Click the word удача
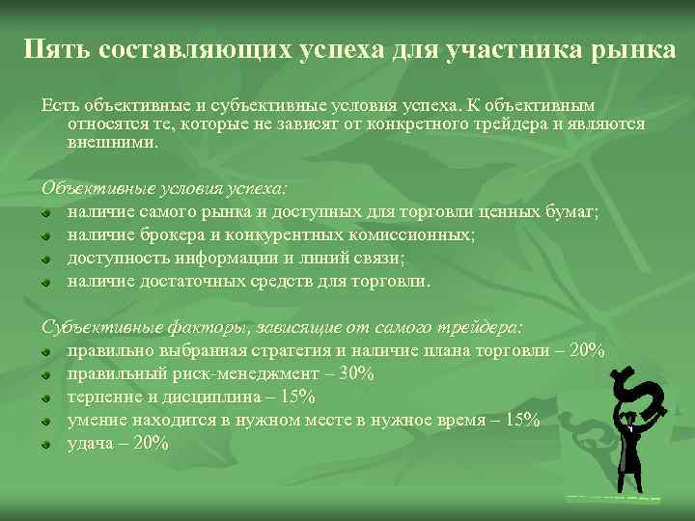pyautogui.click(x=94, y=443)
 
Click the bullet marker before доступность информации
pyautogui.click(x=44, y=260)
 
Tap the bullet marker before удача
pyautogui.click(x=44, y=444)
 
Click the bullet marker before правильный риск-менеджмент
pyautogui.click(x=44, y=374)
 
